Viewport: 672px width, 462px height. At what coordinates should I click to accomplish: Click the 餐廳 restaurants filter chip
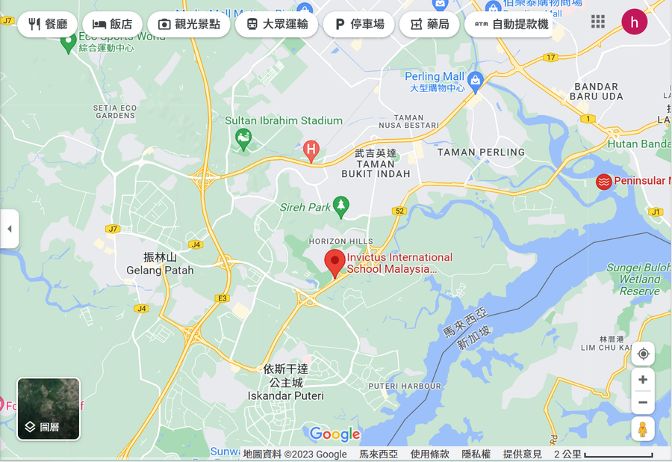[x=47, y=24]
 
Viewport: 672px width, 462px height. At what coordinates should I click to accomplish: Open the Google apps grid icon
[x=598, y=21]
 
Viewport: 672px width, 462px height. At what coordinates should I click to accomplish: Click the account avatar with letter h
[x=635, y=22]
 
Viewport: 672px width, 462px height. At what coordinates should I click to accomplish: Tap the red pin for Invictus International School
[x=335, y=263]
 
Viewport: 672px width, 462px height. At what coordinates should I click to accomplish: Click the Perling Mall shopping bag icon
[x=476, y=78]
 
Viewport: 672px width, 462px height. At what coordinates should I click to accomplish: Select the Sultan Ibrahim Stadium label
[x=284, y=120]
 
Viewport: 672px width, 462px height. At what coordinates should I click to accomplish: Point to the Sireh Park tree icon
[x=341, y=204]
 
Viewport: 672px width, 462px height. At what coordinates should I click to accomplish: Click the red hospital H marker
[x=311, y=150]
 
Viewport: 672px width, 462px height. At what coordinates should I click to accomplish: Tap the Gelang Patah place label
[x=160, y=270]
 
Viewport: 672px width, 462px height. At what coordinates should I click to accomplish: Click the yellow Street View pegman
[x=642, y=429]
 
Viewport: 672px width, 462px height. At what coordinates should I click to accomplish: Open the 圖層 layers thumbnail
[x=49, y=408]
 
